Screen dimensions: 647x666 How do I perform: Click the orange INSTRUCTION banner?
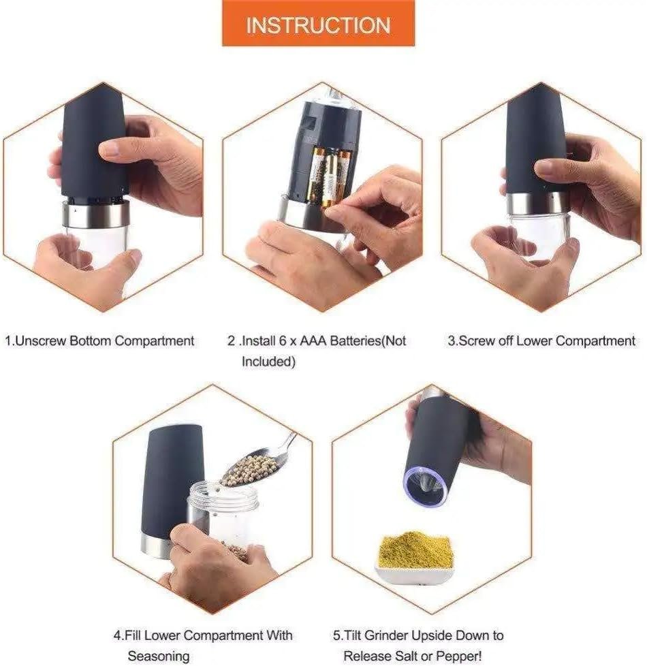[x=318, y=23]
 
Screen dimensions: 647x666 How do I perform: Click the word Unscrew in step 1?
[x=40, y=340]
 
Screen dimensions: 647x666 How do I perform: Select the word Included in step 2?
[x=268, y=362]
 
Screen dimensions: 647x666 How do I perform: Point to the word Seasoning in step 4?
[x=159, y=656]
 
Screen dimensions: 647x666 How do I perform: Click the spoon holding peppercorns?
[x=257, y=462]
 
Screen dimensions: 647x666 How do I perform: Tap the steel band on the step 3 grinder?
[x=538, y=204]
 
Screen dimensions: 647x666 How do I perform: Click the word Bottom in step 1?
[x=90, y=340]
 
